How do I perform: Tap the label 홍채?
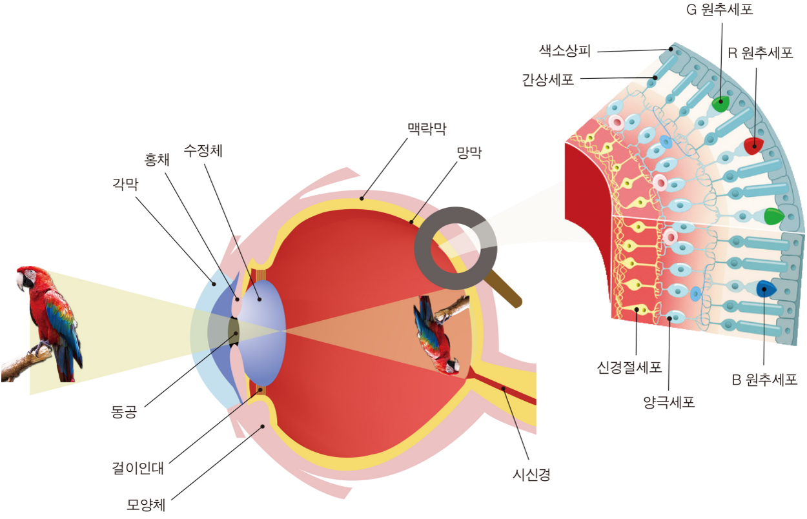tap(156, 159)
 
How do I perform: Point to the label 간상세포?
tap(548, 80)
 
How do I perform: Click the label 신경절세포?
tap(629, 368)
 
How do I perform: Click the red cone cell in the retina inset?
tap(753, 146)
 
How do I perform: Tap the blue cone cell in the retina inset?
tap(765, 289)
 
